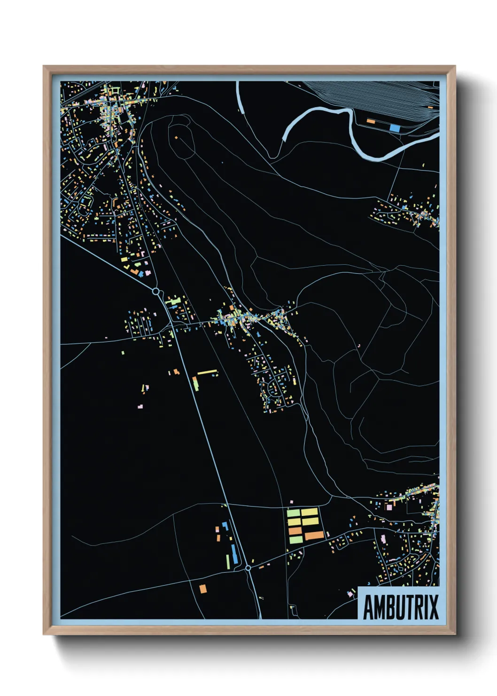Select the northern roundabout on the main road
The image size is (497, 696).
tap(156, 292)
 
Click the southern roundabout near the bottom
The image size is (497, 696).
tap(248, 568)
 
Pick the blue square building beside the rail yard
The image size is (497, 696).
tap(395, 127)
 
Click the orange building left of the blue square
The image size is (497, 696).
tap(371, 121)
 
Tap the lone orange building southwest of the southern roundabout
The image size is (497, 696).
tap(202, 588)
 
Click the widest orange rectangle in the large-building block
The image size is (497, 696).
tap(314, 536)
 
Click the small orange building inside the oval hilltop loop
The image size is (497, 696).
tap(177, 137)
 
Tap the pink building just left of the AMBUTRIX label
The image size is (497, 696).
tap(350, 594)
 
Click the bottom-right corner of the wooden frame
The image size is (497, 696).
tap(454, 633)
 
